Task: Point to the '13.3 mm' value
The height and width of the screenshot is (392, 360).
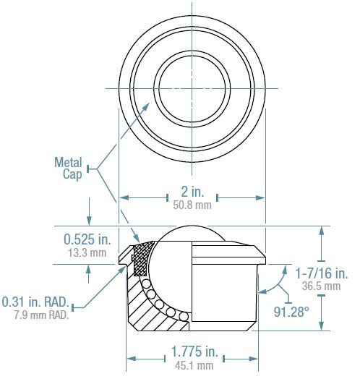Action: coord(87,252)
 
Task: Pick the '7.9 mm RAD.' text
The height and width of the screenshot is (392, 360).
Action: coord(42,315)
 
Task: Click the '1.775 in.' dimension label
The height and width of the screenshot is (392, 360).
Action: coord(194,352)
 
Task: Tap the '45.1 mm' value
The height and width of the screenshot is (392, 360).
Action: coord(194,365)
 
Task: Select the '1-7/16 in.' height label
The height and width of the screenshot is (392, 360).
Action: coord(322,273)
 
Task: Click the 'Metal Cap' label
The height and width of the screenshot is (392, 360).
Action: coord(69,169)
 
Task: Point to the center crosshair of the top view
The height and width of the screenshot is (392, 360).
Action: coord(192,88)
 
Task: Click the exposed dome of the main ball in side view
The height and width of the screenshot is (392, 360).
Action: coord(192,233)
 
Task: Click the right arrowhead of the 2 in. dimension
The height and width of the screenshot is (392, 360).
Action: coord(261,197)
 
